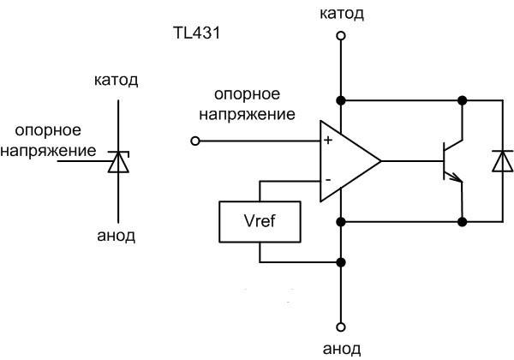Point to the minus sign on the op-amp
point(328,179)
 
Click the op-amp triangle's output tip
point(380,159)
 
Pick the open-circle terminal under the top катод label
point(341,36)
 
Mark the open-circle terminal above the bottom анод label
point(341,327)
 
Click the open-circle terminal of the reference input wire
point(195,140)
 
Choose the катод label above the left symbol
point(116,82)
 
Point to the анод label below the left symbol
point(115,234)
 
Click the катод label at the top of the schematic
point(341,13)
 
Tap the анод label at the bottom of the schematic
point(342,347)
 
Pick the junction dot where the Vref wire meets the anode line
point(341,261)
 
